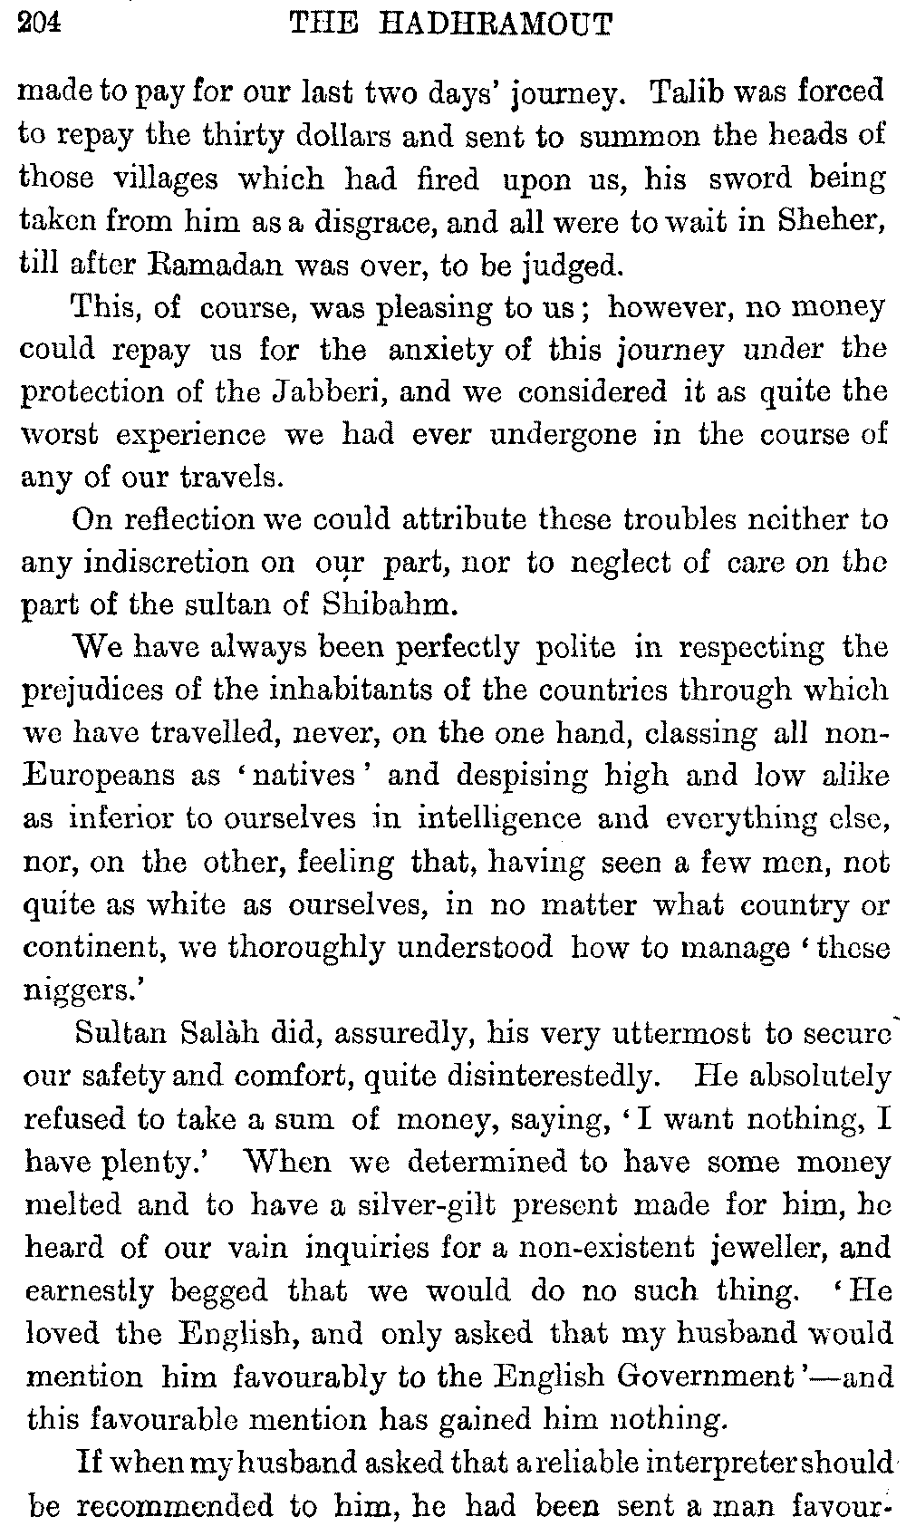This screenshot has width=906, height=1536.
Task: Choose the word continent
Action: click(x=98, y=948)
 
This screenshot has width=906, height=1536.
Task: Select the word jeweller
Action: click(x=721, y=1249)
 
